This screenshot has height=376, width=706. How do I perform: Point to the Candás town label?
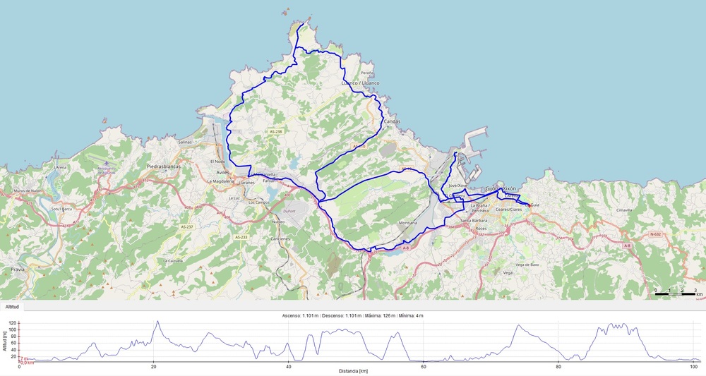tap(391, 121)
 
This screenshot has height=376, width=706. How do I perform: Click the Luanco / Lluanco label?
tap(360, 83)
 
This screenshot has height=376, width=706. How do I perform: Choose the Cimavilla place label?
tap(623, 210)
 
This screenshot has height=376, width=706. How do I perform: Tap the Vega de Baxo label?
tap(527, 264)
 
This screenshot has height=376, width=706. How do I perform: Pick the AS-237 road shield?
tap(186, 227)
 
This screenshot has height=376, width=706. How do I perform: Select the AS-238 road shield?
tap(275, 132)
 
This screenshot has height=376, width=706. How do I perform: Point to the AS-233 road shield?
tap(241, 237)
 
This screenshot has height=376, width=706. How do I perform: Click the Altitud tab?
tap(12, 307)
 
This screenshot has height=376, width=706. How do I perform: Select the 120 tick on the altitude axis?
tap(12, 323)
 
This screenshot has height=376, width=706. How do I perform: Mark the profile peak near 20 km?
tap(157, 322)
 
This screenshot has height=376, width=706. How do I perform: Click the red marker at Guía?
tap(529, 205)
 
